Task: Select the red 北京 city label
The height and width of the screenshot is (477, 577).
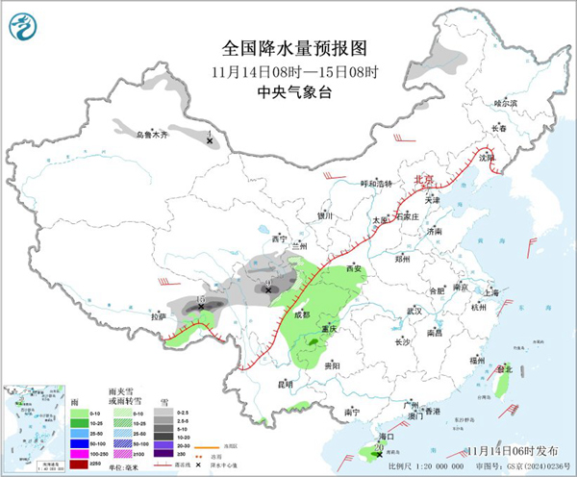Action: (424, 179)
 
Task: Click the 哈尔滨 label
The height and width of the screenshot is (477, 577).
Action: (505, 102)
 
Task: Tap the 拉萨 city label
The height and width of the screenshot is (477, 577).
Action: (158, 315)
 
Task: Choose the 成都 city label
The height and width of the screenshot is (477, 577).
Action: (302, 314)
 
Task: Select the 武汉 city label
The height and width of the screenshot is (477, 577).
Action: (414, 312)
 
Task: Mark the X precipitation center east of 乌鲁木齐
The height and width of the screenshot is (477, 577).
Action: (211, 141)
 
